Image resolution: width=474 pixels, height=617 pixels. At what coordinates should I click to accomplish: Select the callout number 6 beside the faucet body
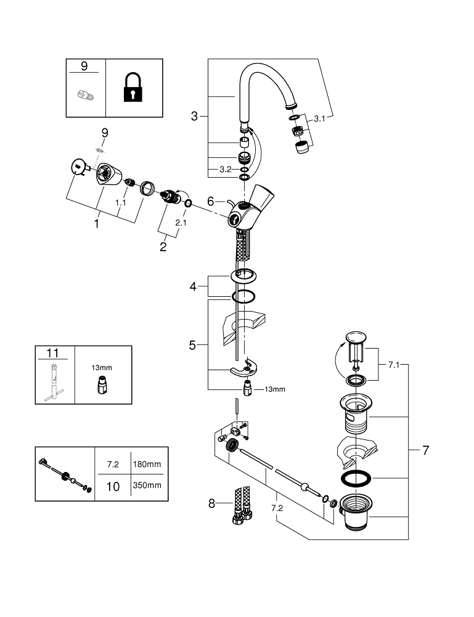(210, 201)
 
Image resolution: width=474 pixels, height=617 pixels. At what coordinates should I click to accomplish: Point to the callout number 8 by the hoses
(212, 503)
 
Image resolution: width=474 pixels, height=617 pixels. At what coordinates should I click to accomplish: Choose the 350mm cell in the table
(147, 485)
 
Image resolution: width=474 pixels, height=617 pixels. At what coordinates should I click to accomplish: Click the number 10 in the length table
(113, 486)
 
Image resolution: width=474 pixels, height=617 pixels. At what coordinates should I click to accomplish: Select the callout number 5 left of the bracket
(192, 346)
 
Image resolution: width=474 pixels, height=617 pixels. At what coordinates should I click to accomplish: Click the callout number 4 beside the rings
(193, 286)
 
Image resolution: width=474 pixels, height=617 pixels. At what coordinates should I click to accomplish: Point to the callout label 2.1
(180, 222)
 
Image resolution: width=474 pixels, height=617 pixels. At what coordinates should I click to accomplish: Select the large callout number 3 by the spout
(194, 115)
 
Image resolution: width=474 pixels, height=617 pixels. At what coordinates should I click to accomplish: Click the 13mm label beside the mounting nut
(275, 389)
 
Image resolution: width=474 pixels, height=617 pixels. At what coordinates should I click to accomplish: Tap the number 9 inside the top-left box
(85, 66)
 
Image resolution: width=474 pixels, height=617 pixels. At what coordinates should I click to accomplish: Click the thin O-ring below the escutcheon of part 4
(244, 296)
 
